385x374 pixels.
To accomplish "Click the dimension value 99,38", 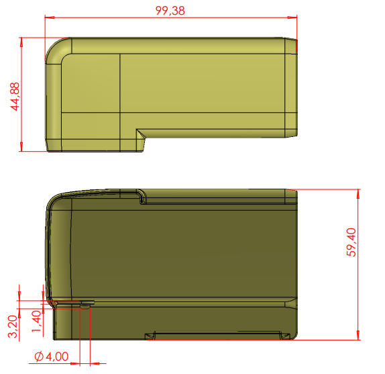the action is click(x=170, y=11).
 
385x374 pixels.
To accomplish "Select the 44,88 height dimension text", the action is click(x=15, y=97).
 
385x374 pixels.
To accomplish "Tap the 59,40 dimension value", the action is click(x=351, y=242).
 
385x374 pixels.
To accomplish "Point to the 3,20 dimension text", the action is click(x=13, y=326).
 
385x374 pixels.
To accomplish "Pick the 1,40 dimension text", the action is click(x=36, y=321).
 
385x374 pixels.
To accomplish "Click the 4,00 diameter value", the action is click(x=57, y=357).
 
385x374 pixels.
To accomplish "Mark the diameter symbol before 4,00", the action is click(x=39, y=357).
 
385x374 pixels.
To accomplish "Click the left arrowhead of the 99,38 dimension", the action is click(x=50, y=17).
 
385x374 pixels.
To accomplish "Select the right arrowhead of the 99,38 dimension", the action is click(x=292, y=17).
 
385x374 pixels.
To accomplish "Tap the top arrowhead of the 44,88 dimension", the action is click(x=21, y=42).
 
